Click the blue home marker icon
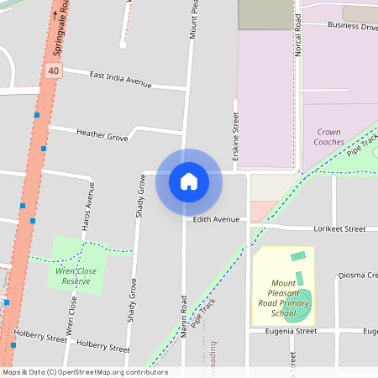click(189, 181)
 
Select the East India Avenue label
click(120, 79)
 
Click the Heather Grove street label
click(102, 134)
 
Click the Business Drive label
click(352, 26)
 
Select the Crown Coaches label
click(329, 137)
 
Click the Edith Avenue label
click(216, 219)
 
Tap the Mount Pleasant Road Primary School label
click(282, 299)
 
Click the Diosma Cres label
click(358, 275)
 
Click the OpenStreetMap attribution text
click(85, 372)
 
